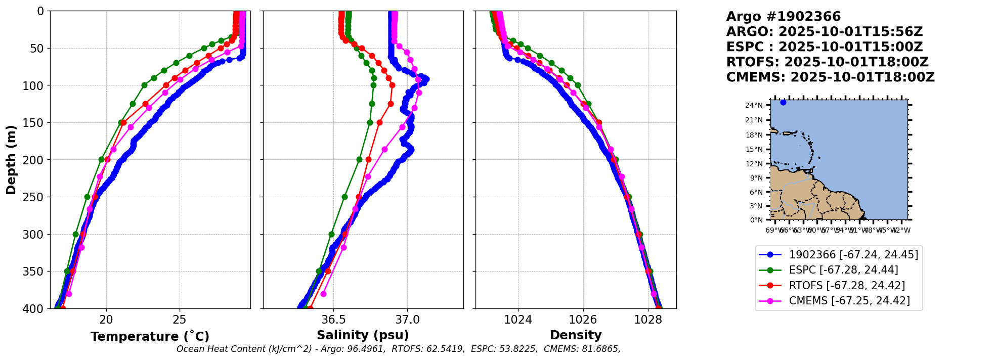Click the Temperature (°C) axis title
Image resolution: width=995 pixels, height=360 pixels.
tap(150, 337)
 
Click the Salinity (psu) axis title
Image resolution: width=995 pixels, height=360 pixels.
tap(363, 335)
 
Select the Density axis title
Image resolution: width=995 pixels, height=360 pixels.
tap(576, 335)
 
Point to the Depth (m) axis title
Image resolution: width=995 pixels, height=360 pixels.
tap(11, 160)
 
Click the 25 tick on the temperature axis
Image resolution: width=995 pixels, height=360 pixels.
tap(180, 320)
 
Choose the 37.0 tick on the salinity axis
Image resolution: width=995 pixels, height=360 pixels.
tap(407, 320)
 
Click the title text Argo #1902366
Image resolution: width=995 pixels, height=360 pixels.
tap(783, 17)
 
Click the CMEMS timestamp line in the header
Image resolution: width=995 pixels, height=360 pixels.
tap(830, 77)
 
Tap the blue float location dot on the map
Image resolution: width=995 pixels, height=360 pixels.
tap(783, 102)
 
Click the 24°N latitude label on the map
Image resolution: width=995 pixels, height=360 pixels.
tap(754, 105)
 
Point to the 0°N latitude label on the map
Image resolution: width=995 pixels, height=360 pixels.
tap(756, 220)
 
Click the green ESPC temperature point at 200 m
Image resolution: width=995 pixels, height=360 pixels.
tap(101, 159)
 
